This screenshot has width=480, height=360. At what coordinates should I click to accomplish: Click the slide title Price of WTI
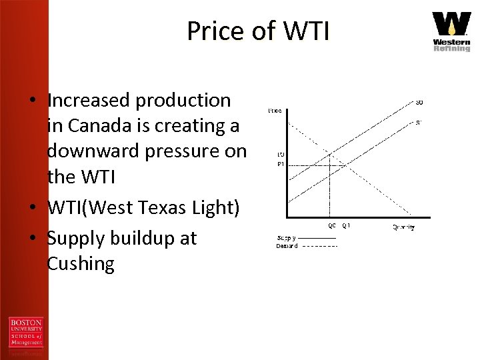[257, 31]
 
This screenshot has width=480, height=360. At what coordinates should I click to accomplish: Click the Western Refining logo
[451, 31]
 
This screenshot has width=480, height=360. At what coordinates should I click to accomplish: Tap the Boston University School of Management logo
[25, 333]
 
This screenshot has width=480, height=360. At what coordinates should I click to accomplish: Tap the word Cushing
[81, 264]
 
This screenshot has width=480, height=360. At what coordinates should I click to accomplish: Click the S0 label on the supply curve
[419, 102]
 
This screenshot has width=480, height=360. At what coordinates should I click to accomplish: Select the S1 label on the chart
[419, 123]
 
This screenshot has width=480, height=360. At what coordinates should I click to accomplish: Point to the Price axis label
[275, 110]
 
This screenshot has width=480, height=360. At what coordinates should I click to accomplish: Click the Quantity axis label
[403, 227]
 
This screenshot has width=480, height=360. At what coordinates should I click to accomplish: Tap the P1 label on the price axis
[281, 165]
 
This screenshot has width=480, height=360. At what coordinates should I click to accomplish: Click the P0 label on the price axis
[281, 155]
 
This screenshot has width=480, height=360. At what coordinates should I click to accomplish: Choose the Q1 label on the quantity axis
[346, 225]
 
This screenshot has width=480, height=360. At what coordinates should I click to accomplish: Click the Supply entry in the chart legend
[287, 238]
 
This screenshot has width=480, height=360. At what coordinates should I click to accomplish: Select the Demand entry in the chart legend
[287, 246]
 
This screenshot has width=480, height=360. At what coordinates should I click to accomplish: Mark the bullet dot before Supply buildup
[31, 239]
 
